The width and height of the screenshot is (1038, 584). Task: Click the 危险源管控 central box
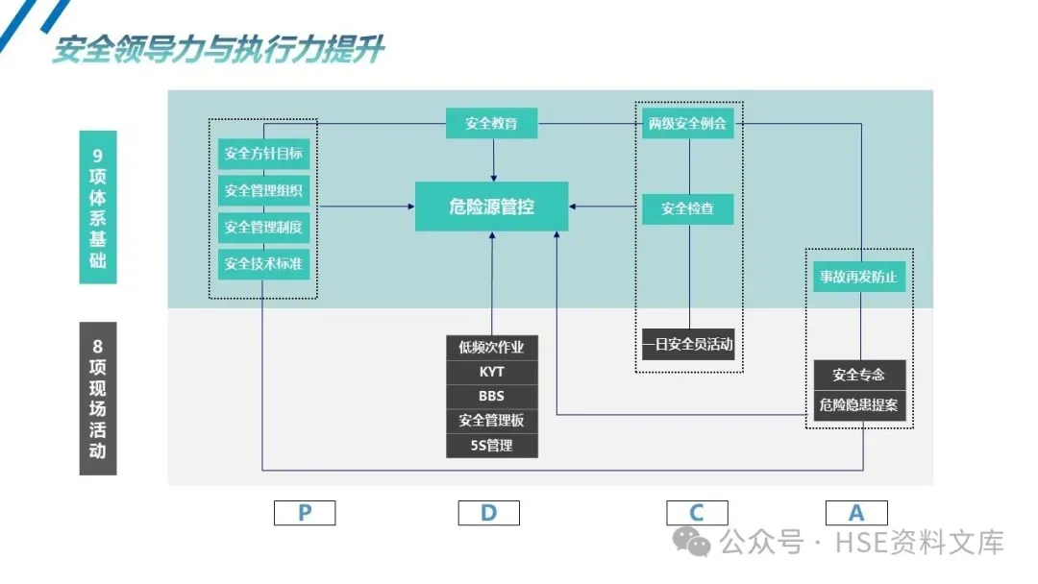pos(491,206)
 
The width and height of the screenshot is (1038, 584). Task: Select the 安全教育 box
pos(491,123)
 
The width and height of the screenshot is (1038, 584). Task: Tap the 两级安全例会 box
pos(687,123)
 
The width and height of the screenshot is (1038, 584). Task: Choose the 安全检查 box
pos(687,207)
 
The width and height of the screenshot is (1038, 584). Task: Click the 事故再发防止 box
pos(859,277)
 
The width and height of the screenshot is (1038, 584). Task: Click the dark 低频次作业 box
pos(491,347)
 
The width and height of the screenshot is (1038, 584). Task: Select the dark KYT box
pos(491,372)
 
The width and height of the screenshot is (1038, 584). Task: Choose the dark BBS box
pos(491,396)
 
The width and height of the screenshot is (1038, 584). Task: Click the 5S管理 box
pos(491,446)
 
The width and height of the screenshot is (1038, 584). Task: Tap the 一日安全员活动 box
pos(687,344)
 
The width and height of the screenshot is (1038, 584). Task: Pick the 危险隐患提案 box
pos(859,404)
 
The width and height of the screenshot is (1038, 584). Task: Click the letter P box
pos(305,513)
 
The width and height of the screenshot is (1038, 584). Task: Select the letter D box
pos(488,513)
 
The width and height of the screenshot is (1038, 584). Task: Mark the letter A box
pos(856,513)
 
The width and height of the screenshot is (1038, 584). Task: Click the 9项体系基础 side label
pos(97,207)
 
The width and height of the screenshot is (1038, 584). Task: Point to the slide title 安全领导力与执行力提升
pos(218,50)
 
